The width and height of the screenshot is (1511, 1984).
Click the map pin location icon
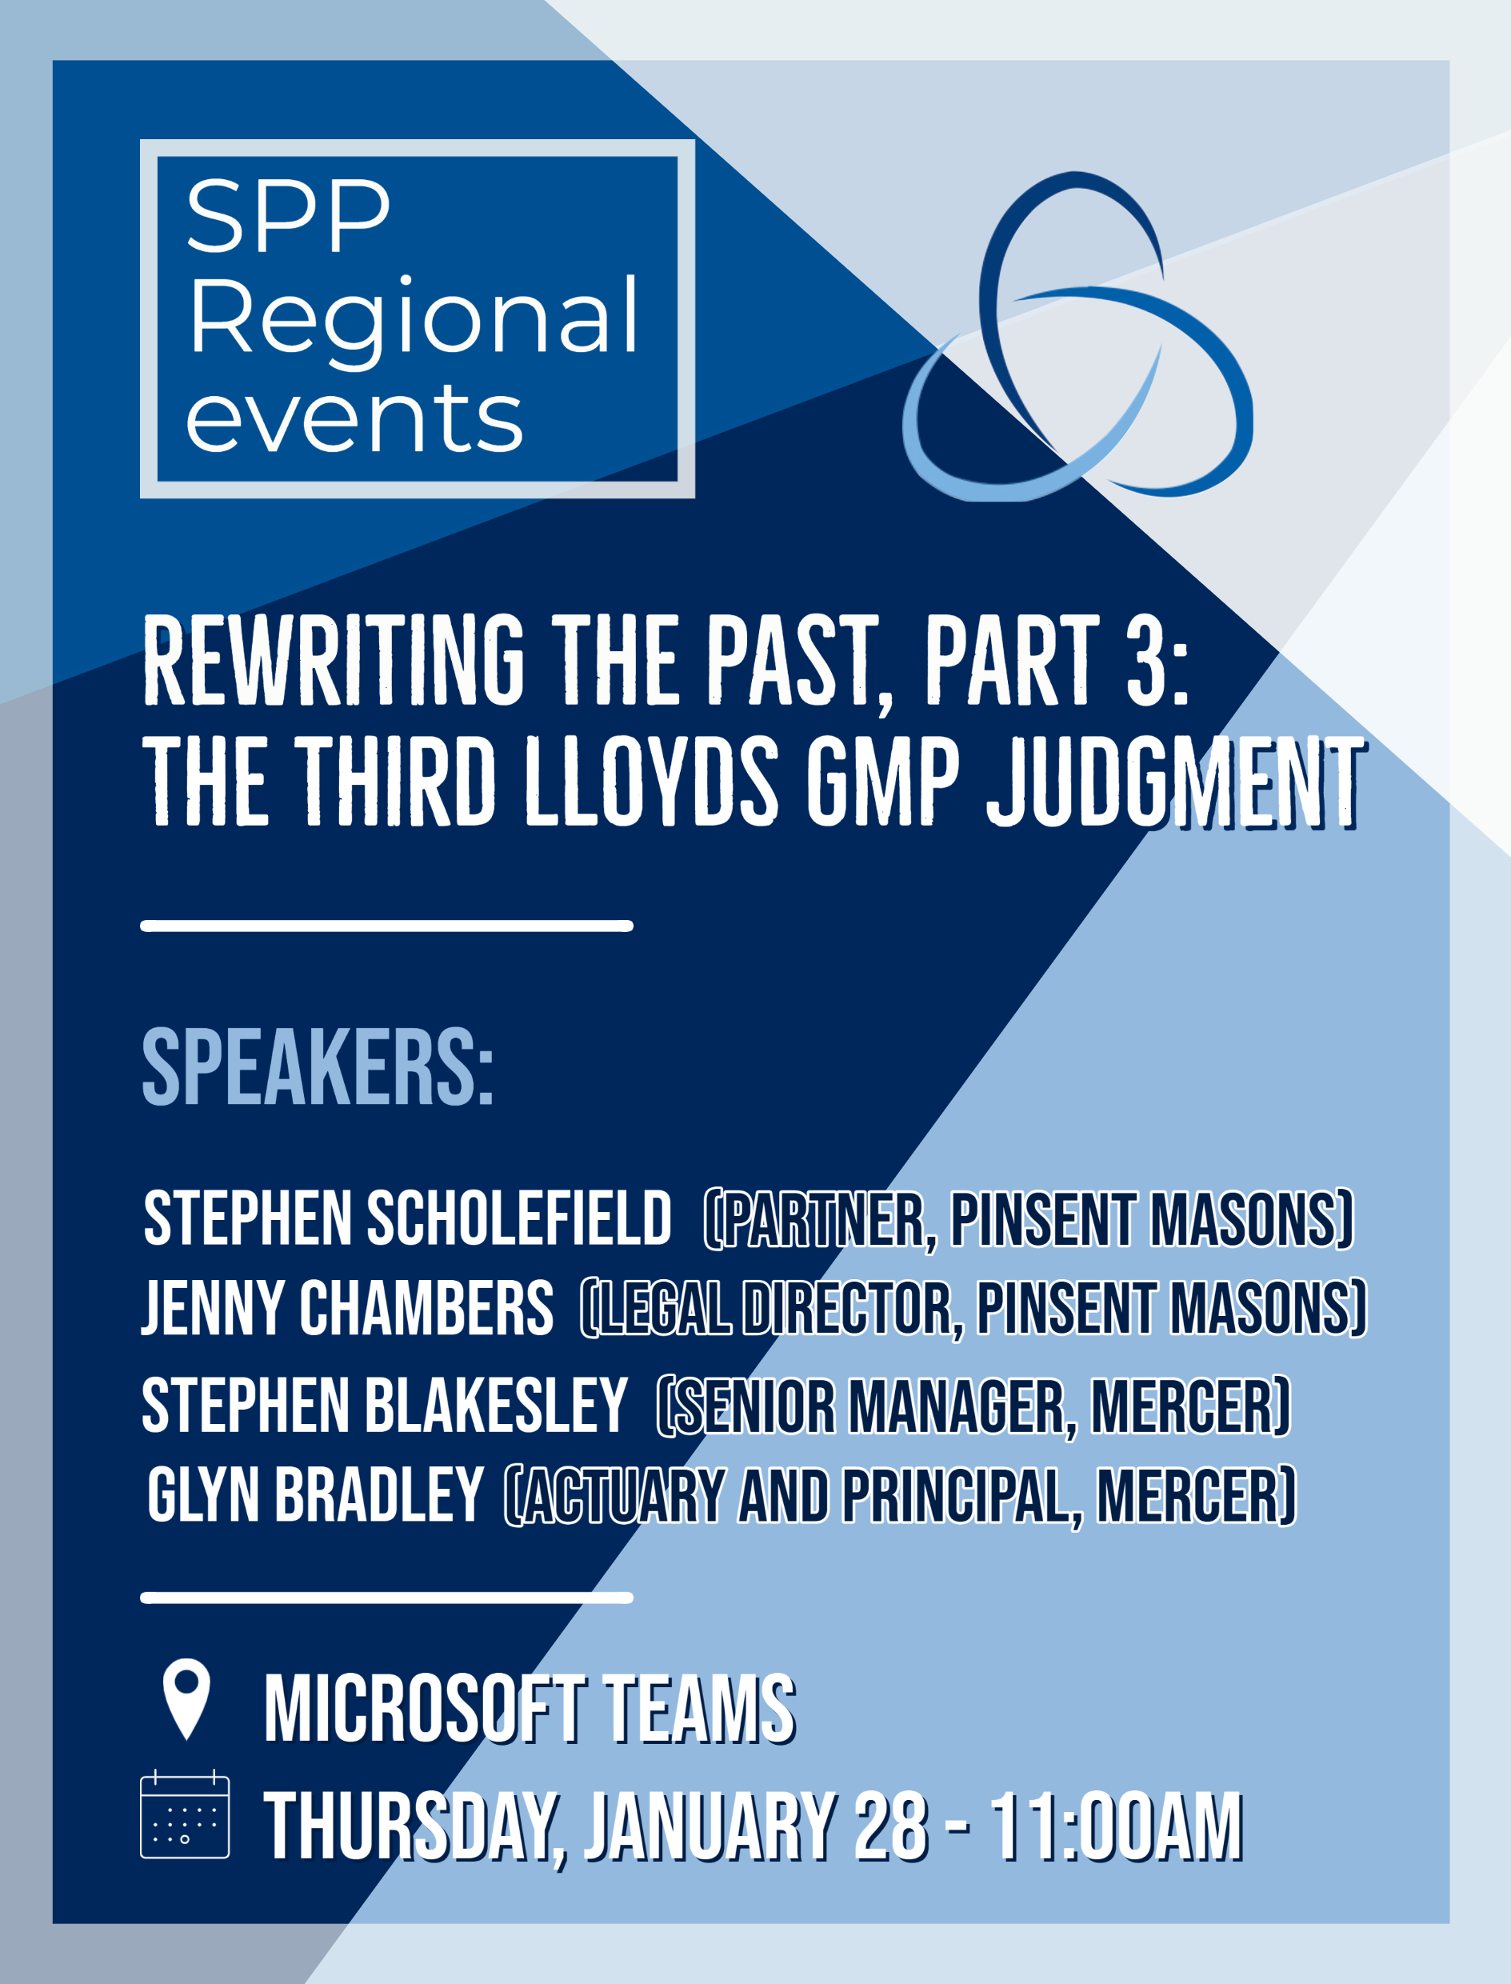[186, 1698]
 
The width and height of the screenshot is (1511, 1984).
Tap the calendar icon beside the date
[185, 1814]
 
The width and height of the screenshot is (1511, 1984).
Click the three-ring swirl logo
[1077, 335]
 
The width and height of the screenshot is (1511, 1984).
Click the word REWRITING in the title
[334, 660]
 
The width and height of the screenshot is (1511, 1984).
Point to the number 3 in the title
[1148, 660]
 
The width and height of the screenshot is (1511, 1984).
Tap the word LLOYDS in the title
[651, 780]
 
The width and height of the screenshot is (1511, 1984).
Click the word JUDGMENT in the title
[1176, 780]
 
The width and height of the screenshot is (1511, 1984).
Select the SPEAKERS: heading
[318, 1066]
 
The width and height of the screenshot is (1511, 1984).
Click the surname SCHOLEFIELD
[519, 1218]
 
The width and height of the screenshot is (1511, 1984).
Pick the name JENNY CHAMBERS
[347, 1306]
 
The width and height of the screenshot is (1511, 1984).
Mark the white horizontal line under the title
[386, 926]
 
